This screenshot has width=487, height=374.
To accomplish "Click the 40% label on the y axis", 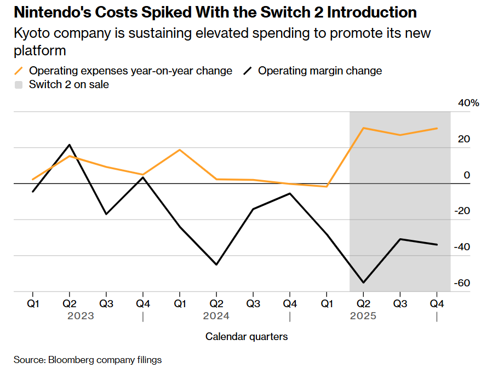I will (469, 103).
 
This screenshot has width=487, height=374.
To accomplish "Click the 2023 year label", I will (81, 316).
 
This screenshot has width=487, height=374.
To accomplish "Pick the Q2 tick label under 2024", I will (216, 302).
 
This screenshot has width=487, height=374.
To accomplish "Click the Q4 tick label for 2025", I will (437, 302).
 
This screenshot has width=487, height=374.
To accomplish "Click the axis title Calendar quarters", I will (247, 336).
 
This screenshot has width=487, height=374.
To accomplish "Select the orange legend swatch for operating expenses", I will (19, 71).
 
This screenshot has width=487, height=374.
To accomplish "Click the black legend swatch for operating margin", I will (248, 71).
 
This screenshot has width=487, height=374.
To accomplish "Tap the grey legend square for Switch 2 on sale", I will (19, 84).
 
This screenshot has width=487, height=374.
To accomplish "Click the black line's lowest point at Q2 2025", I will (363, 283).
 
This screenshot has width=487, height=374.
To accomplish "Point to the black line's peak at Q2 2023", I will (70, 145).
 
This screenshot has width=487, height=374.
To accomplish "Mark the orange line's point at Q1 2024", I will (180, 149).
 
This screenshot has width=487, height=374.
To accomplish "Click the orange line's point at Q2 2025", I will (363, 128).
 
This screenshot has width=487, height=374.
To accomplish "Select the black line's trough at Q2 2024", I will (216, 264).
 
